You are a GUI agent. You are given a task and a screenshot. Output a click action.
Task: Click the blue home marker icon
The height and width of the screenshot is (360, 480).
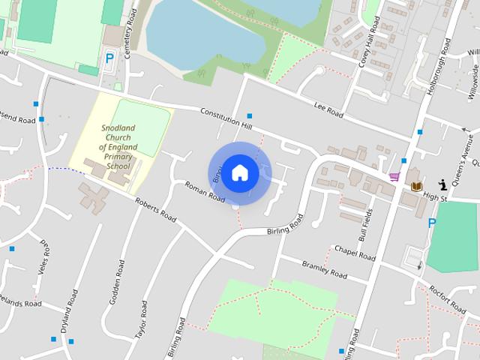click(x=240, y=172)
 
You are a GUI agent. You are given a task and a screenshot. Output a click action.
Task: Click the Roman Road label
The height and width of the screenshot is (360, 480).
click(x=205, y=192)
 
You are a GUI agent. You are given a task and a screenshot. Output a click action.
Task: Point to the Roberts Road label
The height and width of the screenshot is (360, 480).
click(x=154, y=209)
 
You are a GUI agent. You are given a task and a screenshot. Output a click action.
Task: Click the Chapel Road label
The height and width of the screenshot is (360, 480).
click(x=354, y=252)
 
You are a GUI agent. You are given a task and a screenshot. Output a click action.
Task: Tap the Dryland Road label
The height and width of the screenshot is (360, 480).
click(x=73, y=310)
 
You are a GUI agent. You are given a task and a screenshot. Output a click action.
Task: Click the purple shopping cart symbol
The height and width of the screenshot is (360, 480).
click(x=394, y=177)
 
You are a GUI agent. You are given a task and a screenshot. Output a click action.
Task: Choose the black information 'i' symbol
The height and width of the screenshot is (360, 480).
click(x=443, y=183)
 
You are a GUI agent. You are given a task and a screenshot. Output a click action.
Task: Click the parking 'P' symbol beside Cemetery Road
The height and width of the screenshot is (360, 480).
click(x=109, y=58)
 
